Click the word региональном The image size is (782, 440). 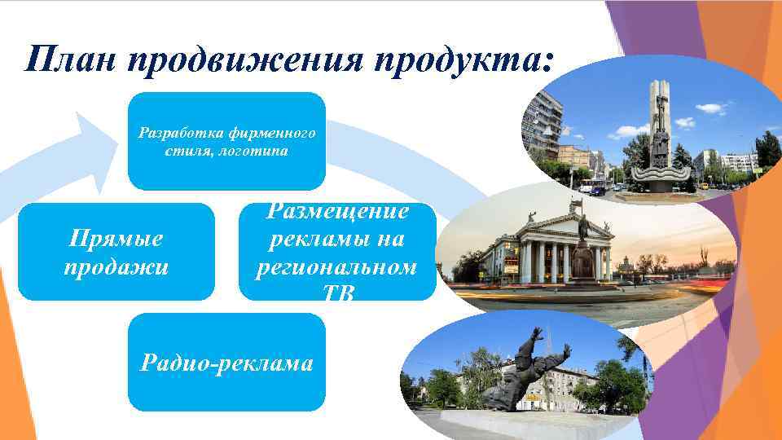tap(337, 266)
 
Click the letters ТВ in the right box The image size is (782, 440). tap(337, 295)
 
